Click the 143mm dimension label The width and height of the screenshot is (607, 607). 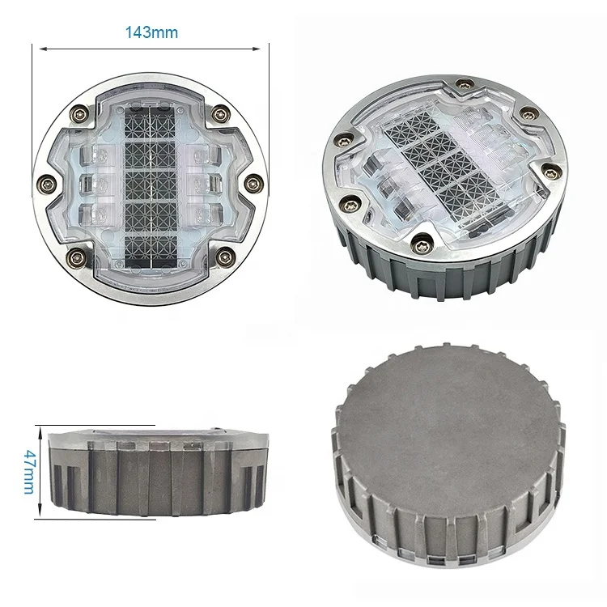tap(151, 33)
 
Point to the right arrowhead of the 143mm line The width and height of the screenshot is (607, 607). tap(264, 50)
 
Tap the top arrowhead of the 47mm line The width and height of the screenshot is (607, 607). tap(39, 426)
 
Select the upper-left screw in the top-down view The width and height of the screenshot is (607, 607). tap(79, 112)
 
